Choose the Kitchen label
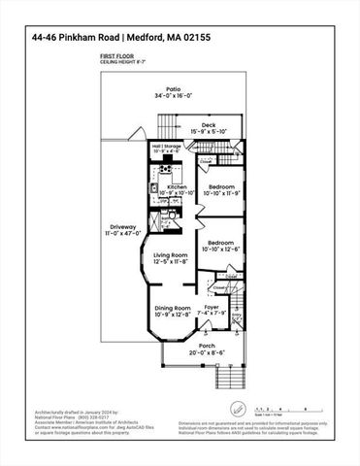177,186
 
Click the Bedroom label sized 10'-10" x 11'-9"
221,186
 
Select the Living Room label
171,255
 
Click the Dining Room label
175,308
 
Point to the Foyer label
211,308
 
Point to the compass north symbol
237,409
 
